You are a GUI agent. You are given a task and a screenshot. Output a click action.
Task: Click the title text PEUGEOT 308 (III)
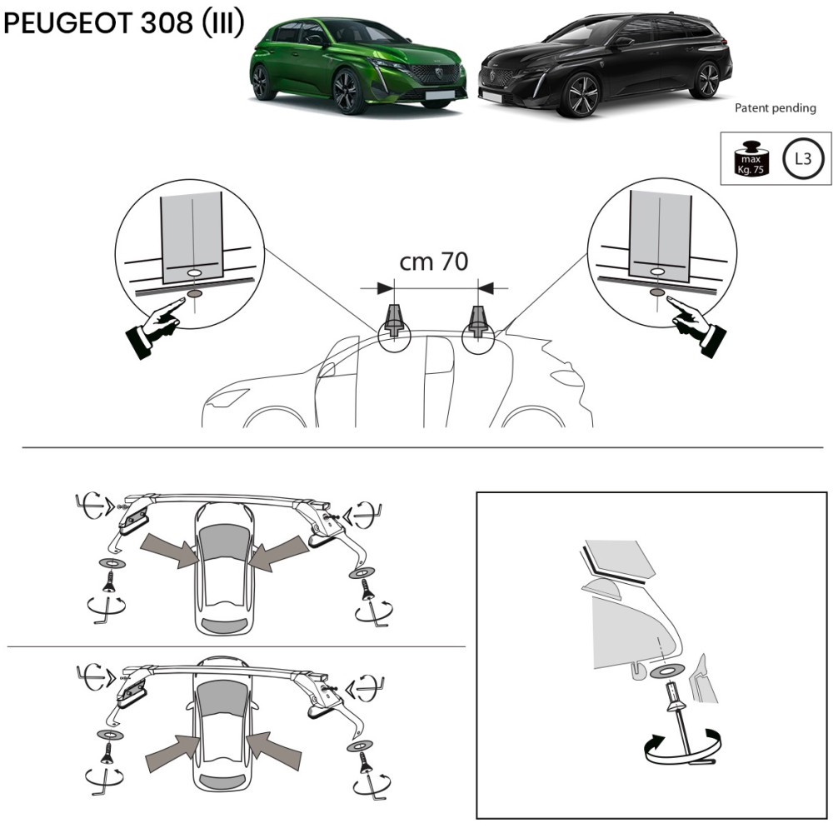[124, 22]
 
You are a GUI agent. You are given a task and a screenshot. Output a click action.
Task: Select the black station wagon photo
[605, 65]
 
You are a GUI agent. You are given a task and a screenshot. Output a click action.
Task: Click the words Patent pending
[775, 107]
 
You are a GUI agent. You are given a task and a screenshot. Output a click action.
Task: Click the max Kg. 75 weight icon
[751, 158]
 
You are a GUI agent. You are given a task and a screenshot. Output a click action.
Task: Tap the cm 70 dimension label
[433, 262]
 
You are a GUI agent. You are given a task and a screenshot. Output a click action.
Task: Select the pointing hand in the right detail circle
[696, 325]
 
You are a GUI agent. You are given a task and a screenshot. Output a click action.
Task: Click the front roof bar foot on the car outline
[394, 321]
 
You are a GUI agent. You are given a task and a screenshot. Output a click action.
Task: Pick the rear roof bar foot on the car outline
[478, 322]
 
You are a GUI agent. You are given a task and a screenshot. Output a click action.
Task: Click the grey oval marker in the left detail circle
[195, 293]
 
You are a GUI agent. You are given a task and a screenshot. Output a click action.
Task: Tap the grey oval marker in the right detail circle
[657, 292]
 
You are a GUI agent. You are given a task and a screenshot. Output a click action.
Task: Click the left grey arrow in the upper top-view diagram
[171, 551]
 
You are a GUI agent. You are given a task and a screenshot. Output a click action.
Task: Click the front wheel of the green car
[349, 91]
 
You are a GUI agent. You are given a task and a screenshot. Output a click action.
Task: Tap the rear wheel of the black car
[706, 80]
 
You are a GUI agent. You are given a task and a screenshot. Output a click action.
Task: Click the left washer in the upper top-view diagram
[112, 563]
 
